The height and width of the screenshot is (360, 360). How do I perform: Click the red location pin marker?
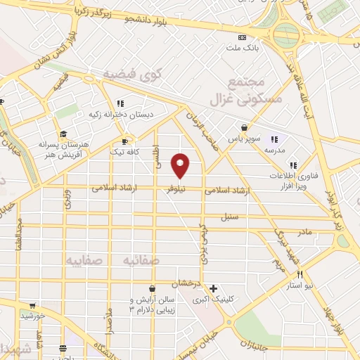coord(181,165)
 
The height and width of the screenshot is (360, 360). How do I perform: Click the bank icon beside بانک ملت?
coord(243,37)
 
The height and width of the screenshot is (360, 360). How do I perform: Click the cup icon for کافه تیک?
coord(126,141)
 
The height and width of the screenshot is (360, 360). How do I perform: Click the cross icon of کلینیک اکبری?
coord(213,288)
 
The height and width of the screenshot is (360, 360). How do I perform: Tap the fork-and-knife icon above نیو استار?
coord(300,274)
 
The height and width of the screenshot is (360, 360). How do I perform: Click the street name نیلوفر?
coord(177,190)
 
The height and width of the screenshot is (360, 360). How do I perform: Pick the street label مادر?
coord(304,231)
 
